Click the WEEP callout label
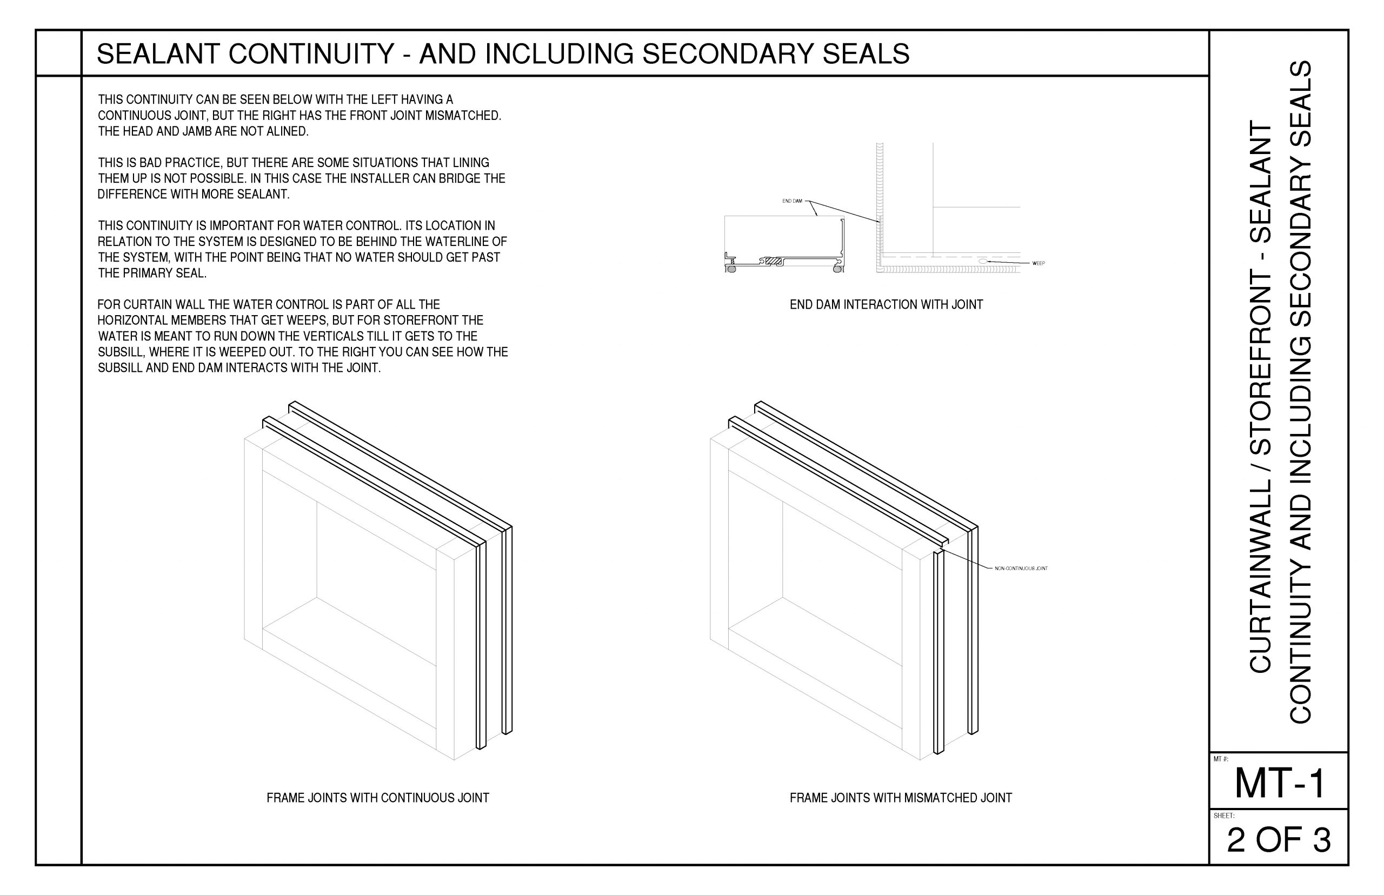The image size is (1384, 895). pyautogui.click(x=1038, y=263)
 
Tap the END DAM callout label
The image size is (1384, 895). pyautogui.click(x=791, y=201)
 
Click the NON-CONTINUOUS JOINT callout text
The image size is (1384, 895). pyautogui.click(x=1021, y=569)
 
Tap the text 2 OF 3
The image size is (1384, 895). pyautogui.click(x=1279, y=840)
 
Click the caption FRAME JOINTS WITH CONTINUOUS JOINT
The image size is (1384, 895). pyautogui.click(x=378, y=798)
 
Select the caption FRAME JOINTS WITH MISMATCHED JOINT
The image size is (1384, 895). pyautogui.click(x=900, y=798)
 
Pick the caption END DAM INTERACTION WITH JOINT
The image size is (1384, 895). pyautogui.click(x=886, y=304)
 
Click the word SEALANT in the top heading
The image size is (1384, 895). pyautogui.click(x=158, y=54)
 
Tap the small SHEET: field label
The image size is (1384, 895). pyautogui.click(x=1222, y=816)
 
